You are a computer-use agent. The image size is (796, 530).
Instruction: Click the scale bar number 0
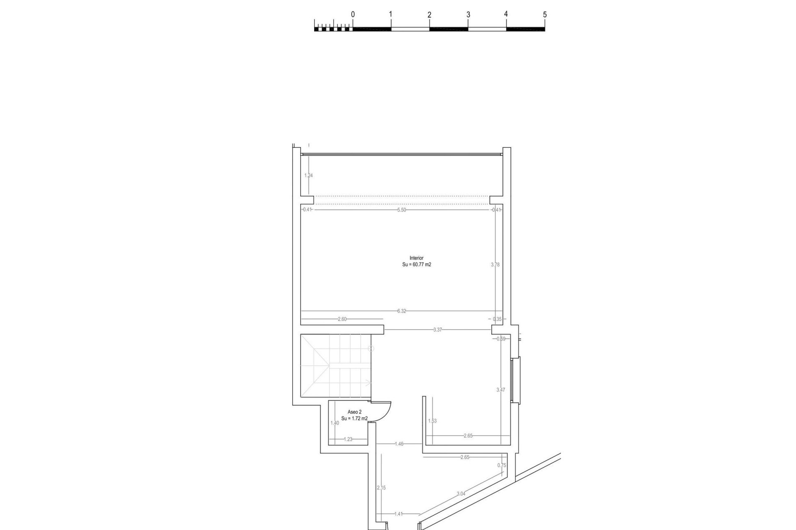coord(353,14)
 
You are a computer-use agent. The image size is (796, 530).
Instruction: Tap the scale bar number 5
coord(545,14)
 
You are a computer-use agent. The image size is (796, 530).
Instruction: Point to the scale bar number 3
coord(468,14)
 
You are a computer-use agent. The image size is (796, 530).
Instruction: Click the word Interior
coord(416,258)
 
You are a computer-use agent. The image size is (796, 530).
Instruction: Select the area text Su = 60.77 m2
coord(416,265)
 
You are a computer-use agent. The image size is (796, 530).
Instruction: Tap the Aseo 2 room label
coord(354,412)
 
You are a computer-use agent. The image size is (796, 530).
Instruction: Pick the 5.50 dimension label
coord(401,210)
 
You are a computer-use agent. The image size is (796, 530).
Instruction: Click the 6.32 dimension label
coord(401,311)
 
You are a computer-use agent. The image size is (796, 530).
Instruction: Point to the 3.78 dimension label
coord(495,265)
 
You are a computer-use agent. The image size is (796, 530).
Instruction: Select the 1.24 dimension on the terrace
coord(308,176)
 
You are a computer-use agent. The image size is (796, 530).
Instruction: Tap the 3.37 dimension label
coord(437,330)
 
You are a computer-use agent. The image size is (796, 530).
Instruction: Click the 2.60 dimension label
coord(342,319)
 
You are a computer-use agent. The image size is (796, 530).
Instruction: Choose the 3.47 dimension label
coord(501,390)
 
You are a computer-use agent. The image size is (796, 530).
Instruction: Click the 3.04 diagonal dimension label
coord(461,494)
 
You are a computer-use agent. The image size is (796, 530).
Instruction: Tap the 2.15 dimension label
coord(381,488)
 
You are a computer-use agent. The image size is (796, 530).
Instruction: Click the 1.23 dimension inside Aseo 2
coord(348,451)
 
